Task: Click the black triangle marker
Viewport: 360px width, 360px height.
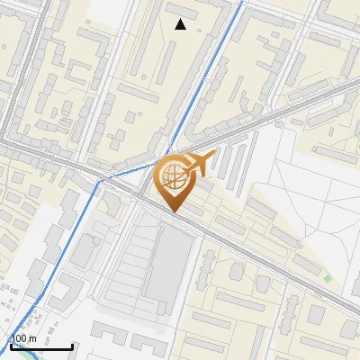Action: coord(181,24)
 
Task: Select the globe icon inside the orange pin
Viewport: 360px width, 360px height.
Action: coord(174,177)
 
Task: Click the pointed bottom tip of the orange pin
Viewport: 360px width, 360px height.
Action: coord(174,211)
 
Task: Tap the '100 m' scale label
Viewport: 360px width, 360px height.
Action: coord(25,338)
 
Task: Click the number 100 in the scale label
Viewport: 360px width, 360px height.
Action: coord(21,338)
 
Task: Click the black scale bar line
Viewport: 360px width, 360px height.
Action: coord(41,347)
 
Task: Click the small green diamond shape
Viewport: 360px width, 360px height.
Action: coord(328,279)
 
